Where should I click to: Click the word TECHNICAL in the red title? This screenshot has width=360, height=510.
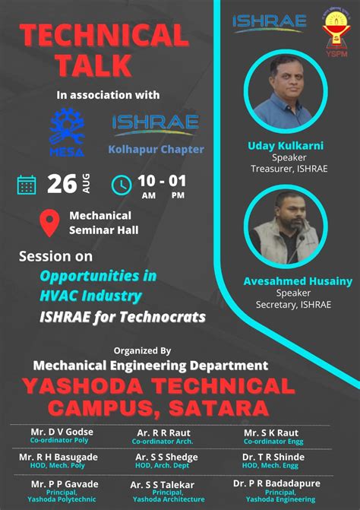pyautogui.click(x=103, y=35)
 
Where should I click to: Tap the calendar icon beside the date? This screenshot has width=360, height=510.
pyautogui.click(x=27, y=185)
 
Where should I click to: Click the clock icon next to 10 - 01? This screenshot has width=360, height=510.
pyautogui.click(x=122, y=185)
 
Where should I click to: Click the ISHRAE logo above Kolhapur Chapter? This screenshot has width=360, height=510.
pyautogui.click(x=156, y=122)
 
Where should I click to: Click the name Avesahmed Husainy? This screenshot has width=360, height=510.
pyautogui.click(x=298, y=281)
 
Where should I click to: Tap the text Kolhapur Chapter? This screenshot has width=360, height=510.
pyautogui.click(x=156, y=150)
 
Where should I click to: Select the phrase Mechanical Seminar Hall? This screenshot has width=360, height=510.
pyautogui.click(x=100, y=223)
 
